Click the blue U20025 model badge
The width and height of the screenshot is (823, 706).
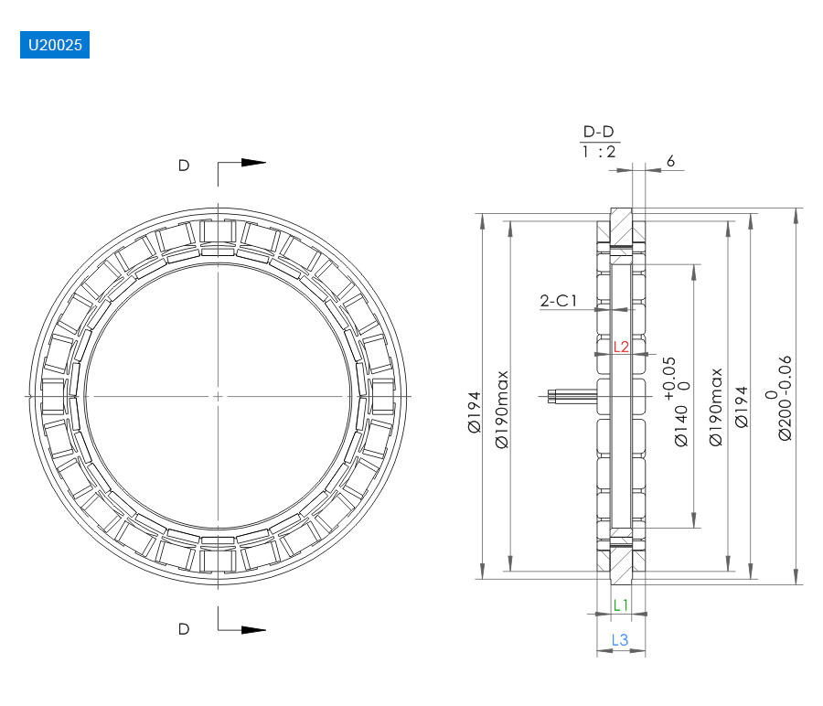[x=55, y=45]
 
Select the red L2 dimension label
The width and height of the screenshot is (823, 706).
[x=621, y=347]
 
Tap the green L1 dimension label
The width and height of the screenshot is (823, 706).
[x=621, y=605]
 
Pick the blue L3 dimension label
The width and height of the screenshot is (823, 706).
[x=620, y=640]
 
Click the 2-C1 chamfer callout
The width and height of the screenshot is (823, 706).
[x=559, y=301]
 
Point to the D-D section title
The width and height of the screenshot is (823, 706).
[x=598, y=132]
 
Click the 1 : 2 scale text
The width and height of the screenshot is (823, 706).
[x=598, y=152]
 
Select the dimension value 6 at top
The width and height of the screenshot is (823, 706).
[x=670, y=161]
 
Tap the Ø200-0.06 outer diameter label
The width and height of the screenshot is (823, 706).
[x=785, y=398]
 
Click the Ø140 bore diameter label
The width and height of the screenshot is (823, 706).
[x=680, y=425]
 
